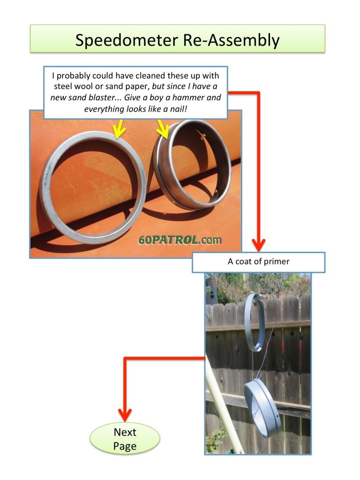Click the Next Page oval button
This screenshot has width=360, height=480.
[x=125, y=439]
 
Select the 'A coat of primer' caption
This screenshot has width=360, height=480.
[x=258, y=262]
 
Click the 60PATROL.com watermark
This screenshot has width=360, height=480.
[x=180, y=240]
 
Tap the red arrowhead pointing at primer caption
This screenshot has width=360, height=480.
[x=259, y=245]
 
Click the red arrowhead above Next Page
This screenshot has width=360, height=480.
[x=125, y=415]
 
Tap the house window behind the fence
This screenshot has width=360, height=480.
[x=211, y=294]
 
